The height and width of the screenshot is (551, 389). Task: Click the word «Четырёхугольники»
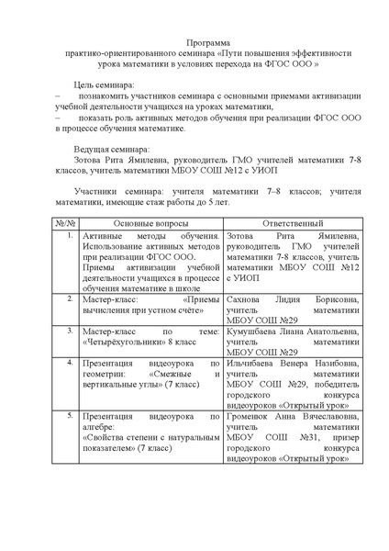127,340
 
